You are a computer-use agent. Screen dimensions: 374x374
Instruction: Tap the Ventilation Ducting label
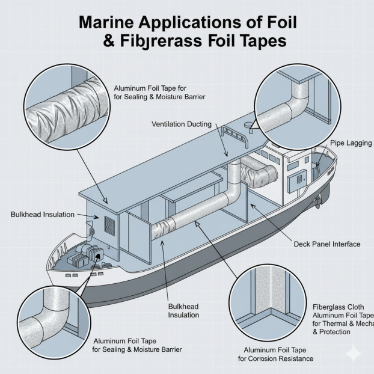coord(182,124)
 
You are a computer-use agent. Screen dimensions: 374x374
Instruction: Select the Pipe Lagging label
coord(351,143)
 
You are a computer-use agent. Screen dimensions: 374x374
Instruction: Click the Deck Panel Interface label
coord(327,244)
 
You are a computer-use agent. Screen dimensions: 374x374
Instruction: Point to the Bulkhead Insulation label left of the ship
coord(43,215)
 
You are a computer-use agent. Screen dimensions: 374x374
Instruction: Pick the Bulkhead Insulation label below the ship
coord(184,310)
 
